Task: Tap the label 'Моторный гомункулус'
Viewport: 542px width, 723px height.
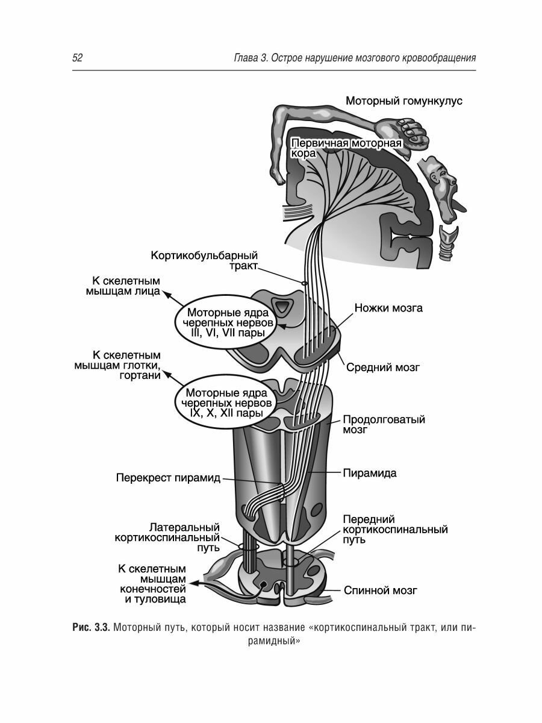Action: (x=403, y=101)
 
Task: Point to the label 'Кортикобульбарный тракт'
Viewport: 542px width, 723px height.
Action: (x=204, y=261)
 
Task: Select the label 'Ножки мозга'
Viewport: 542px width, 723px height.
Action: (x=388, y=308)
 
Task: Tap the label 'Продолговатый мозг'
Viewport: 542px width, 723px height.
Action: (x=384, y=424)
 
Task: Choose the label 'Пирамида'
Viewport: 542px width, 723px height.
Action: (x=369, y=473)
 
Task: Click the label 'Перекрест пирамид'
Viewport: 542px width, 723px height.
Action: (x=168, y=479)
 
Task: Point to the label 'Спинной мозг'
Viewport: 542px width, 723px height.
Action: (x=380, y=590)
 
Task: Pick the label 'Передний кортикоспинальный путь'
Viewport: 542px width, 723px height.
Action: (x=394, y=530)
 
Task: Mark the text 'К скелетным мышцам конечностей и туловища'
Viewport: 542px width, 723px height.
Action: (x=152, y=584)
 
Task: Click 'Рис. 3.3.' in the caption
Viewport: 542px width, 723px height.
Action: (x=90, y=628)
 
